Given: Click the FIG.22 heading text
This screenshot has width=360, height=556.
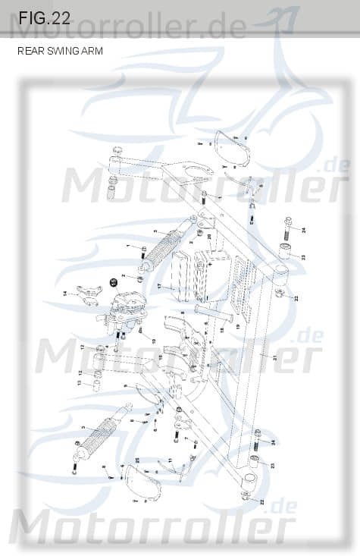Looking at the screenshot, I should [44, 19].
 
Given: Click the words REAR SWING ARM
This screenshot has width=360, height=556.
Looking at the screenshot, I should [60, 52].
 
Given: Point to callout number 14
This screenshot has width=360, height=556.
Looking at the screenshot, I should [64, 293].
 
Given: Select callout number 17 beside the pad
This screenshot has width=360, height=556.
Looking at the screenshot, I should [160, 286].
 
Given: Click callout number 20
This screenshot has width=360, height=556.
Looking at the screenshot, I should [209, 237].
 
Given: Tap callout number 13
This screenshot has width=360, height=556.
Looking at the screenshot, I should [78, 384].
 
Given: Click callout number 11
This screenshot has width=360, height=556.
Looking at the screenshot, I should [171, 460].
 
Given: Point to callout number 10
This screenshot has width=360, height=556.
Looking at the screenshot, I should [155, 341].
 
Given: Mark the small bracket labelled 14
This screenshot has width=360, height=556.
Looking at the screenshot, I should [85, 293].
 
